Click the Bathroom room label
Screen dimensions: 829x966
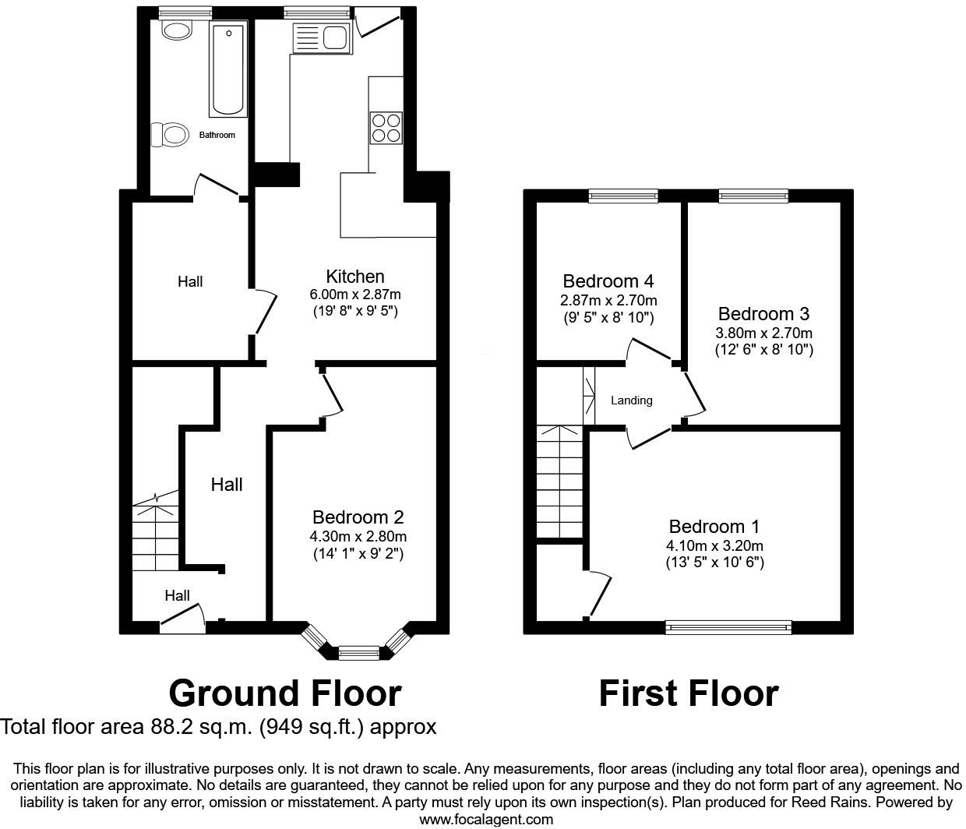[x=217, y=135]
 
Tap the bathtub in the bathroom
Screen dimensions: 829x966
[x=228, y=69]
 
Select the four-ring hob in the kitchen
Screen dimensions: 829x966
[x=386, y=128]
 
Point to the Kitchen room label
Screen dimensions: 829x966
[x=355, y=277]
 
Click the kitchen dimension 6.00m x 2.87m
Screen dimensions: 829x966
[x=355, y=295]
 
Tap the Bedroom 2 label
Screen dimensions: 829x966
[x=358, y=517]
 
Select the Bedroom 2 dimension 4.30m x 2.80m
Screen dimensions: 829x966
[x=358, y=536]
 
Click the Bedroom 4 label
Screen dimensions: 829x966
[x=608, y=281]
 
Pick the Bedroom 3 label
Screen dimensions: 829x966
[x=763, y=314]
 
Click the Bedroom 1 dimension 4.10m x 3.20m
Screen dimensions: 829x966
[x=714, y=545]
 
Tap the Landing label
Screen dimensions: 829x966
[x=631, y=400]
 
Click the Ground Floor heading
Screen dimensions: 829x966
[x=285, y=693]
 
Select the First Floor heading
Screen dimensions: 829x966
[x=689, y=693]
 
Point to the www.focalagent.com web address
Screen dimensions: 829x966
[x=486, y=819]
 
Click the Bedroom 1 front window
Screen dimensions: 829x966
[x=728, y=626]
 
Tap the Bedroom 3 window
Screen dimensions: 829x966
[x=753, y=195]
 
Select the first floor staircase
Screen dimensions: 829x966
[x=559, y=482]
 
